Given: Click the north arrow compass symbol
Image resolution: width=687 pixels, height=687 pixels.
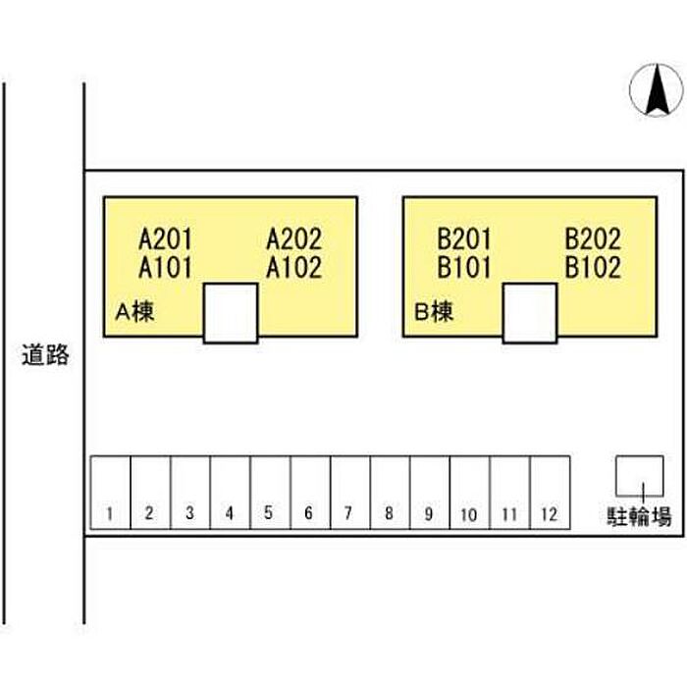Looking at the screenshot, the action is (657, 90).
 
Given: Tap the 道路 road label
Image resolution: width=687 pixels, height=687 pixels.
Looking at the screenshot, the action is (45, 355).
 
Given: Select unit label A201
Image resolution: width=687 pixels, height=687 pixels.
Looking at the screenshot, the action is (165, 239).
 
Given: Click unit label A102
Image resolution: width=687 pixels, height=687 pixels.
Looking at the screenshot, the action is (294, 268).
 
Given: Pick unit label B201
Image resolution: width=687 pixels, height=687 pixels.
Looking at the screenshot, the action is (464, 239).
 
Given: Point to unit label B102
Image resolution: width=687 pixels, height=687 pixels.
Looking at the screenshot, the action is (593, 268).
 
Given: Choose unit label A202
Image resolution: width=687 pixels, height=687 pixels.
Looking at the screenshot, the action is (294, 239).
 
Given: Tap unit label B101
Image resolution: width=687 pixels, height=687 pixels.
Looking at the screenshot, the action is (464, 268).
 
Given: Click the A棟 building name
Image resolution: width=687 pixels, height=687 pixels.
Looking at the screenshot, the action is (134, 312).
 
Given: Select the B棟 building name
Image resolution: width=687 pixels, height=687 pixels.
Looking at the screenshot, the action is (434, 312).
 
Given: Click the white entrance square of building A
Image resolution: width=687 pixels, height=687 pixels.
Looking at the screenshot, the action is (231, 313).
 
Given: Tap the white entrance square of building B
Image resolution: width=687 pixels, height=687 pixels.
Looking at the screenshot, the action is (530, 313).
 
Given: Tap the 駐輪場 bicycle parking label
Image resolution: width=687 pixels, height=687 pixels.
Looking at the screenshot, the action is (639, 516).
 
